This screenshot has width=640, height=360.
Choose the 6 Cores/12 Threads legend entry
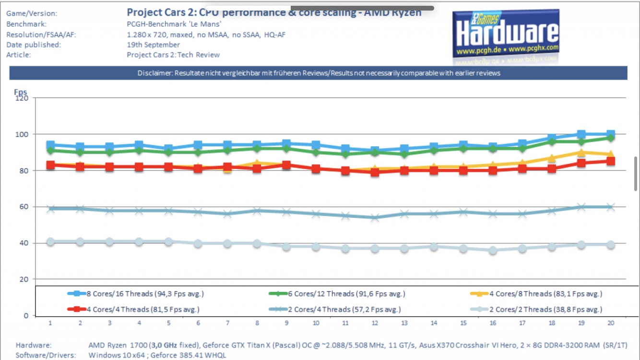344,294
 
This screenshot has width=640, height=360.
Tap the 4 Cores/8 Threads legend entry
541,294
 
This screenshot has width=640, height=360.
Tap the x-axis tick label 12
375,323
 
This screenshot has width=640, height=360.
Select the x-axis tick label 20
610,323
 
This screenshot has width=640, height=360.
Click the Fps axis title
20,92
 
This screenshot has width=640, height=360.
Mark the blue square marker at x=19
581,134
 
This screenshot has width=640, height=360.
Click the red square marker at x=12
375,172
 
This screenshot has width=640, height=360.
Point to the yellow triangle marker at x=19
581,153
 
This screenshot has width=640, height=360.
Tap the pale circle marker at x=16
492,250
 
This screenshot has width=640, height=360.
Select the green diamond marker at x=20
610,138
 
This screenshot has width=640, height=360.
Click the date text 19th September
153,45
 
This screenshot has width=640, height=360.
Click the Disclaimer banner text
319,73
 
